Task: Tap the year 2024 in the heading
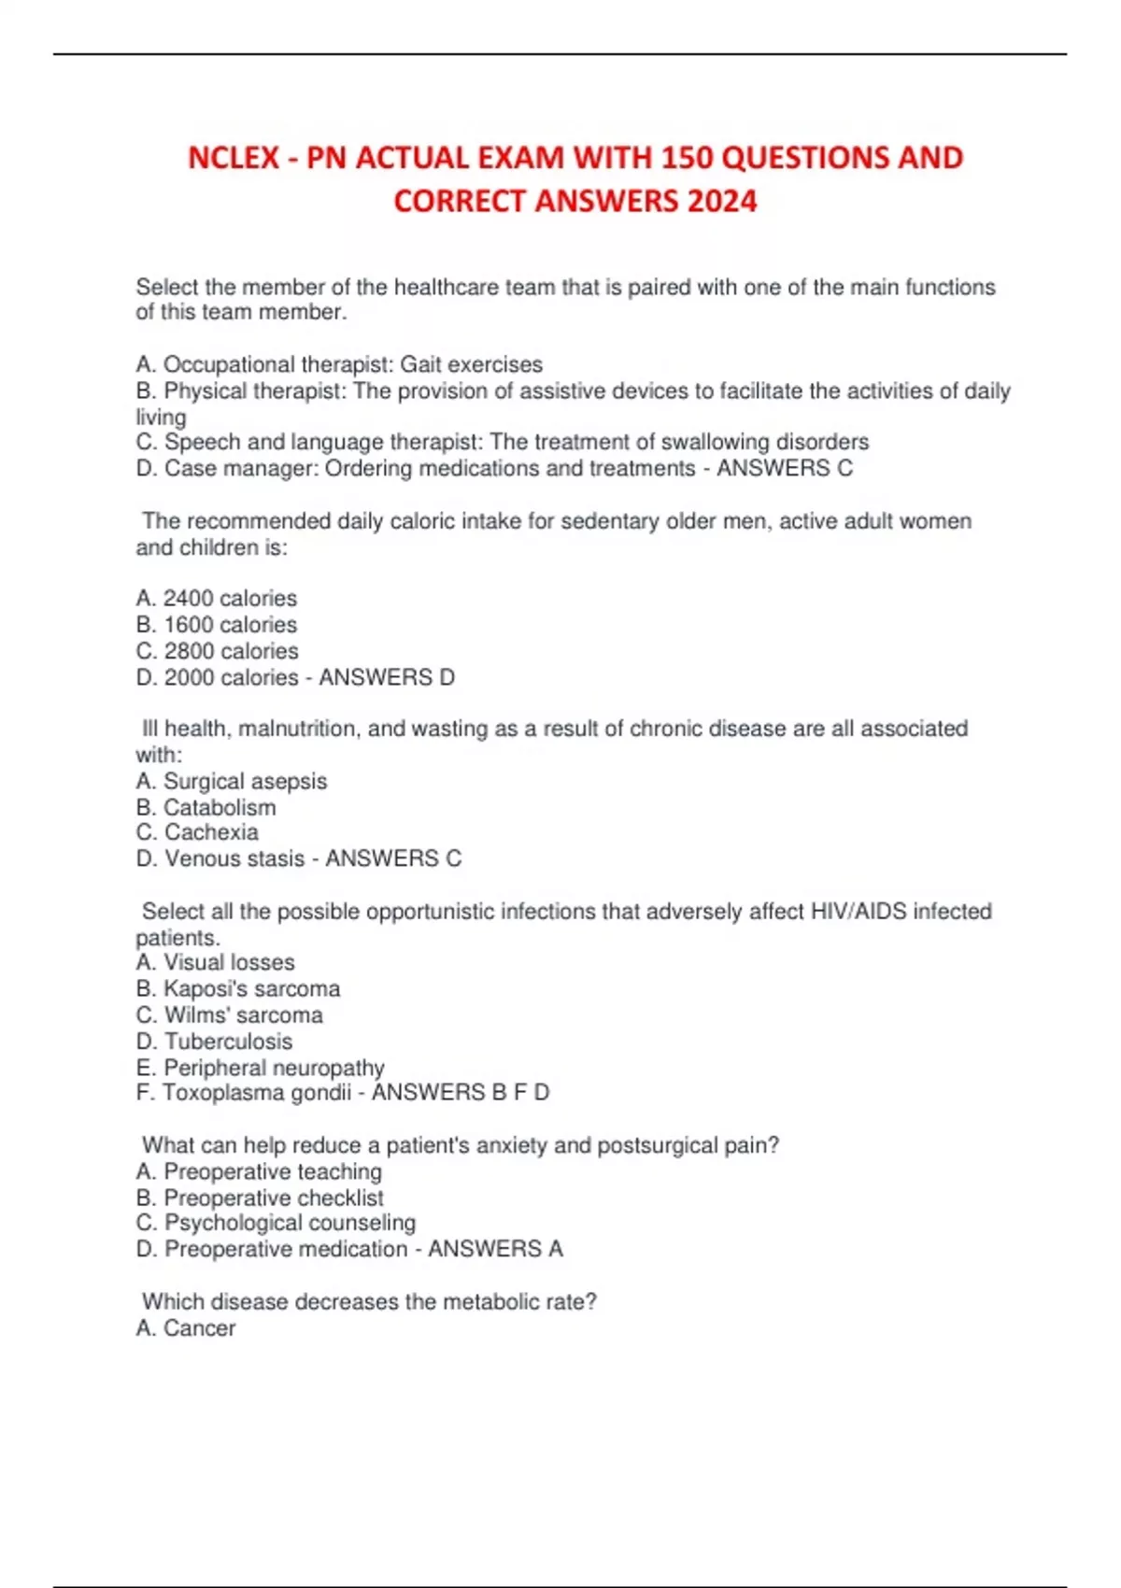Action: click(721, 201)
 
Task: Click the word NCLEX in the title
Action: click(233, 157)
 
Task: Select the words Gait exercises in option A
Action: click(471, 364)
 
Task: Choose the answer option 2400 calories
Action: click(230, 598)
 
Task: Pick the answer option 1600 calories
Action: click(230, 624)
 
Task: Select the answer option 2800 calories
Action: click(231, 650)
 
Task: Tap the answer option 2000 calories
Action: click(231, 677)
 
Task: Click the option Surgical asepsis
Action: click(245, 781)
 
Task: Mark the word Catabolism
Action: click(220, 807)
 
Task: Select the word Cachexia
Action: click(211, 832)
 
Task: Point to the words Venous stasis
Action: click(234, 858)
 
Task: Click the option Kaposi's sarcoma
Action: click(251, 988)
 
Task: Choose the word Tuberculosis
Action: click(228, 1041)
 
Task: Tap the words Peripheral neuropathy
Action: click(274, 1067)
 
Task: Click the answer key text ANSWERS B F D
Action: click(461, 1092)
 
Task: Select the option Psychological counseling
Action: click(290, 1223)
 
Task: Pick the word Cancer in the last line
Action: click(199, 1327)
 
